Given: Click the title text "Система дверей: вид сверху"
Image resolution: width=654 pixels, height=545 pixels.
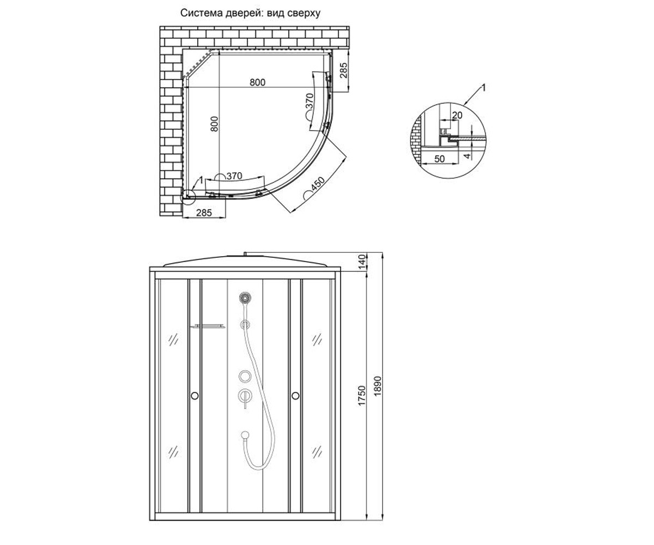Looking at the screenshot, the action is [250, 13].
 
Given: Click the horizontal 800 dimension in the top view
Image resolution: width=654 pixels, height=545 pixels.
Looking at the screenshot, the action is [257, 82].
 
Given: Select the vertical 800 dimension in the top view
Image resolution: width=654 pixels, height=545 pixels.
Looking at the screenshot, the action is [214, 124].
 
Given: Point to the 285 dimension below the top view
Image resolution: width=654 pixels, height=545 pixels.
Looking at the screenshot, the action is [204, 213].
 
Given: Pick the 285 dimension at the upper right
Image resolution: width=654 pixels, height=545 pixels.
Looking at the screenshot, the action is [343, 70].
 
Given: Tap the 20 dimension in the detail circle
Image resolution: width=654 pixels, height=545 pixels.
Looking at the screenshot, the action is [457, 116].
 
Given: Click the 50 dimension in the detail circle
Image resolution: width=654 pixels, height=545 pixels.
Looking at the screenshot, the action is [439, 159].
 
